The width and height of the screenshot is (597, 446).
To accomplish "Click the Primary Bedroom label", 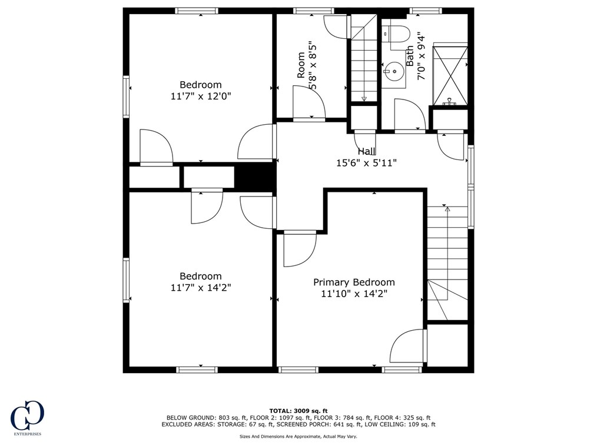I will pos(353,282).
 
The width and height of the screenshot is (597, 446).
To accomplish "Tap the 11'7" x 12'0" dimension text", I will pos(201,96).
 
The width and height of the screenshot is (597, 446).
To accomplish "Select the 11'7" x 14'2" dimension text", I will pos(201,288).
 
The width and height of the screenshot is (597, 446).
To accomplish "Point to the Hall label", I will pos(366,152).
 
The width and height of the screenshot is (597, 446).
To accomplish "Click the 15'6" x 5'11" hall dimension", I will pos(366,163).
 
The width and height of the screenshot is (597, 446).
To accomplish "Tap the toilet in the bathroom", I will pos(399,34).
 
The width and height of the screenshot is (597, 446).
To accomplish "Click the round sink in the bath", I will pos(393,73).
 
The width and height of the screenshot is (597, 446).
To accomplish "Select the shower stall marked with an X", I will pos(450,75).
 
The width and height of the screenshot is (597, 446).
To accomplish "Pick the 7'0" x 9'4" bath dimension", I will pos(420,56).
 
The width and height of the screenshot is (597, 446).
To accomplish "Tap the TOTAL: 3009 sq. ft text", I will pos(298,411).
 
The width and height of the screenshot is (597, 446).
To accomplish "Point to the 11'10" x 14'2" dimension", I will pos(353,294).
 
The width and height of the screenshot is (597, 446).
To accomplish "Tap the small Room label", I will pos(301,65).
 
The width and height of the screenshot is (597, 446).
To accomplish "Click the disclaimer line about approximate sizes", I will pos(298,437).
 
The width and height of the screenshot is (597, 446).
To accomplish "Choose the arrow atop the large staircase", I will pos(447,208).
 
